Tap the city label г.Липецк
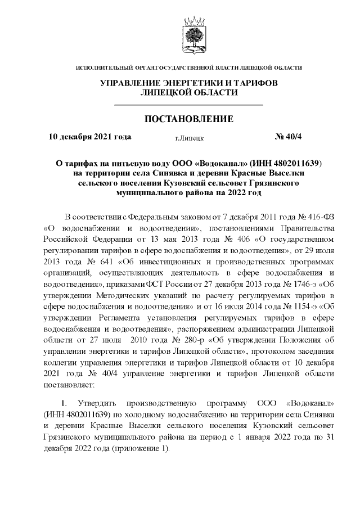click(189, 137)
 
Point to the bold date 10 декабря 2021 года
click(90, 137)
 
